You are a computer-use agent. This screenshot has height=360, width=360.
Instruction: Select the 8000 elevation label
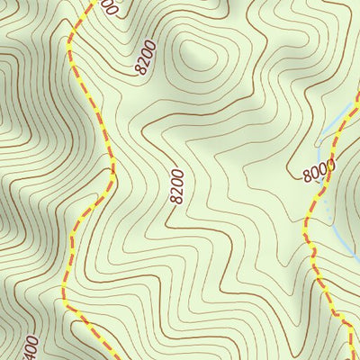[319, 170]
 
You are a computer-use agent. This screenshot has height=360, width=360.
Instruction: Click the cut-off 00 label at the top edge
[108, 7]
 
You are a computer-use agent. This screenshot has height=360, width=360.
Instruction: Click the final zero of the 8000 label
[330, 164]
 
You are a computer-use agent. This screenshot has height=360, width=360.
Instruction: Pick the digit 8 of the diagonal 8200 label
[139, 71]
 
